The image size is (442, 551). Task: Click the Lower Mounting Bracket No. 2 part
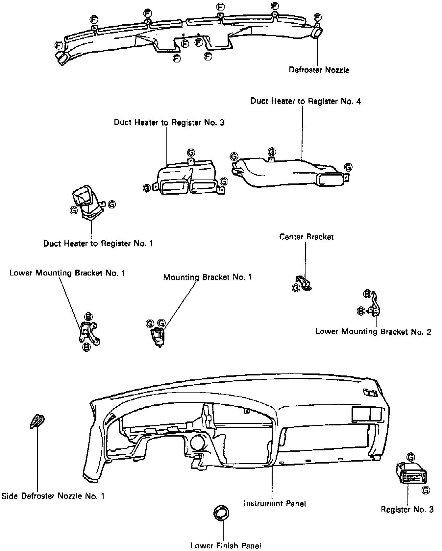coord(375,307)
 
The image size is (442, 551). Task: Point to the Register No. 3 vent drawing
coord(414,474)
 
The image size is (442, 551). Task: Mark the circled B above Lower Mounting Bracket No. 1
coord(88,316)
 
